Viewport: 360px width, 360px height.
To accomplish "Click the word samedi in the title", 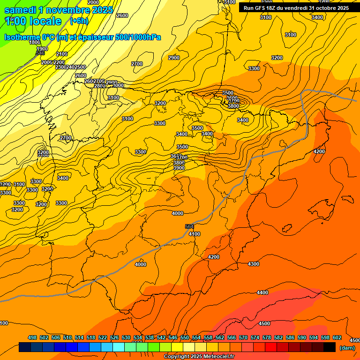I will pos(20,10).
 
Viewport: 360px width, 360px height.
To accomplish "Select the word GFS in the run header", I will pos(263,8).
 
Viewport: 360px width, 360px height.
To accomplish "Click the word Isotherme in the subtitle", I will pos(22,37).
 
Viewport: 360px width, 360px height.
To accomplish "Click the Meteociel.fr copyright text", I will pos(199,357).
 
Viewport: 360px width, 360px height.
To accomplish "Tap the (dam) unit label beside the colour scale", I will pos(347,347).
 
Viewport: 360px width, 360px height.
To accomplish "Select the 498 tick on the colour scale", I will pos(32,337).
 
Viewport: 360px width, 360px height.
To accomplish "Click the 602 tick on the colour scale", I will pos(337,337).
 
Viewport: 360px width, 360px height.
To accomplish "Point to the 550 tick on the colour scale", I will pos(185,337).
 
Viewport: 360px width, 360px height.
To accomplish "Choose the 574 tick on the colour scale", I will pos(255,337).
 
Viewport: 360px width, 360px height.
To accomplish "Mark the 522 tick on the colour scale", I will pos(103,337).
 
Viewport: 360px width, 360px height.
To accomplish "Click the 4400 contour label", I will pos(262,292).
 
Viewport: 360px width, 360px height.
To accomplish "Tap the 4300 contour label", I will pos(253,264).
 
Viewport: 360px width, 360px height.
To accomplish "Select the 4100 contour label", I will pos(194,234).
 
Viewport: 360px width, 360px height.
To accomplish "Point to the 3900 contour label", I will pos(179,168).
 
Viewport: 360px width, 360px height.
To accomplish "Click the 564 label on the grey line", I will pos(189,226).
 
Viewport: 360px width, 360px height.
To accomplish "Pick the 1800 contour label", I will pos(35,43).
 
